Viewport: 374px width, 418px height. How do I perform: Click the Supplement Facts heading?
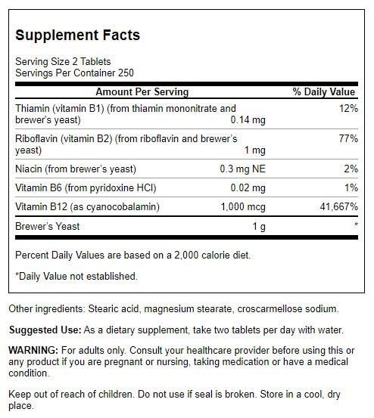(x=77, y=36)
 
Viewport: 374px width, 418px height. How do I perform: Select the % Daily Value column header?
(x=324, y=91)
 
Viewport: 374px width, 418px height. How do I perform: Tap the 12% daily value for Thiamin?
(x=347, y=108)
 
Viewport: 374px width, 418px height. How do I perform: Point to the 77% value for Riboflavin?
(x=347, y=139)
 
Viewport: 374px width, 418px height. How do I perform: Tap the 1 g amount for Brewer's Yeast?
(x=256, y=226)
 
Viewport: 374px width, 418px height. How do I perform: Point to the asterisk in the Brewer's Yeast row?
(x=354, y=226)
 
